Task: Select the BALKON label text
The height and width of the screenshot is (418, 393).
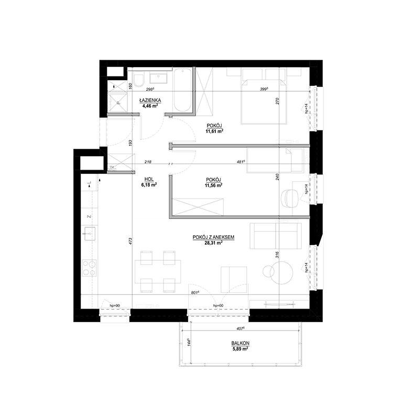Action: pos(241,344)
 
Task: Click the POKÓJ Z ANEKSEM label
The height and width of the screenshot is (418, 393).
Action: pos(213,237)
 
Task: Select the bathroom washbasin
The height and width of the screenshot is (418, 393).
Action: pos(159,78)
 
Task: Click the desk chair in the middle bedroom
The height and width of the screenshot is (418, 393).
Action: pos(290,198)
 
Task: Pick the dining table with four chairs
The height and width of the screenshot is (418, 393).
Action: pos(158,271)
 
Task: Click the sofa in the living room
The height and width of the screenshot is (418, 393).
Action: pos(275,235)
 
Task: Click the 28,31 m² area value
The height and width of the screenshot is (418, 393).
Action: pos(213,243)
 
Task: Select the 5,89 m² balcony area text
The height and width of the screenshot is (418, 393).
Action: pos(241,349)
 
